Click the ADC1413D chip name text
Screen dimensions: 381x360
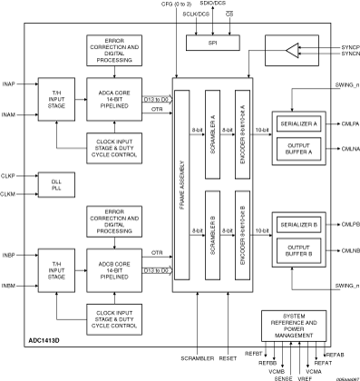pyautogui.click(x=43, y=346)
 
